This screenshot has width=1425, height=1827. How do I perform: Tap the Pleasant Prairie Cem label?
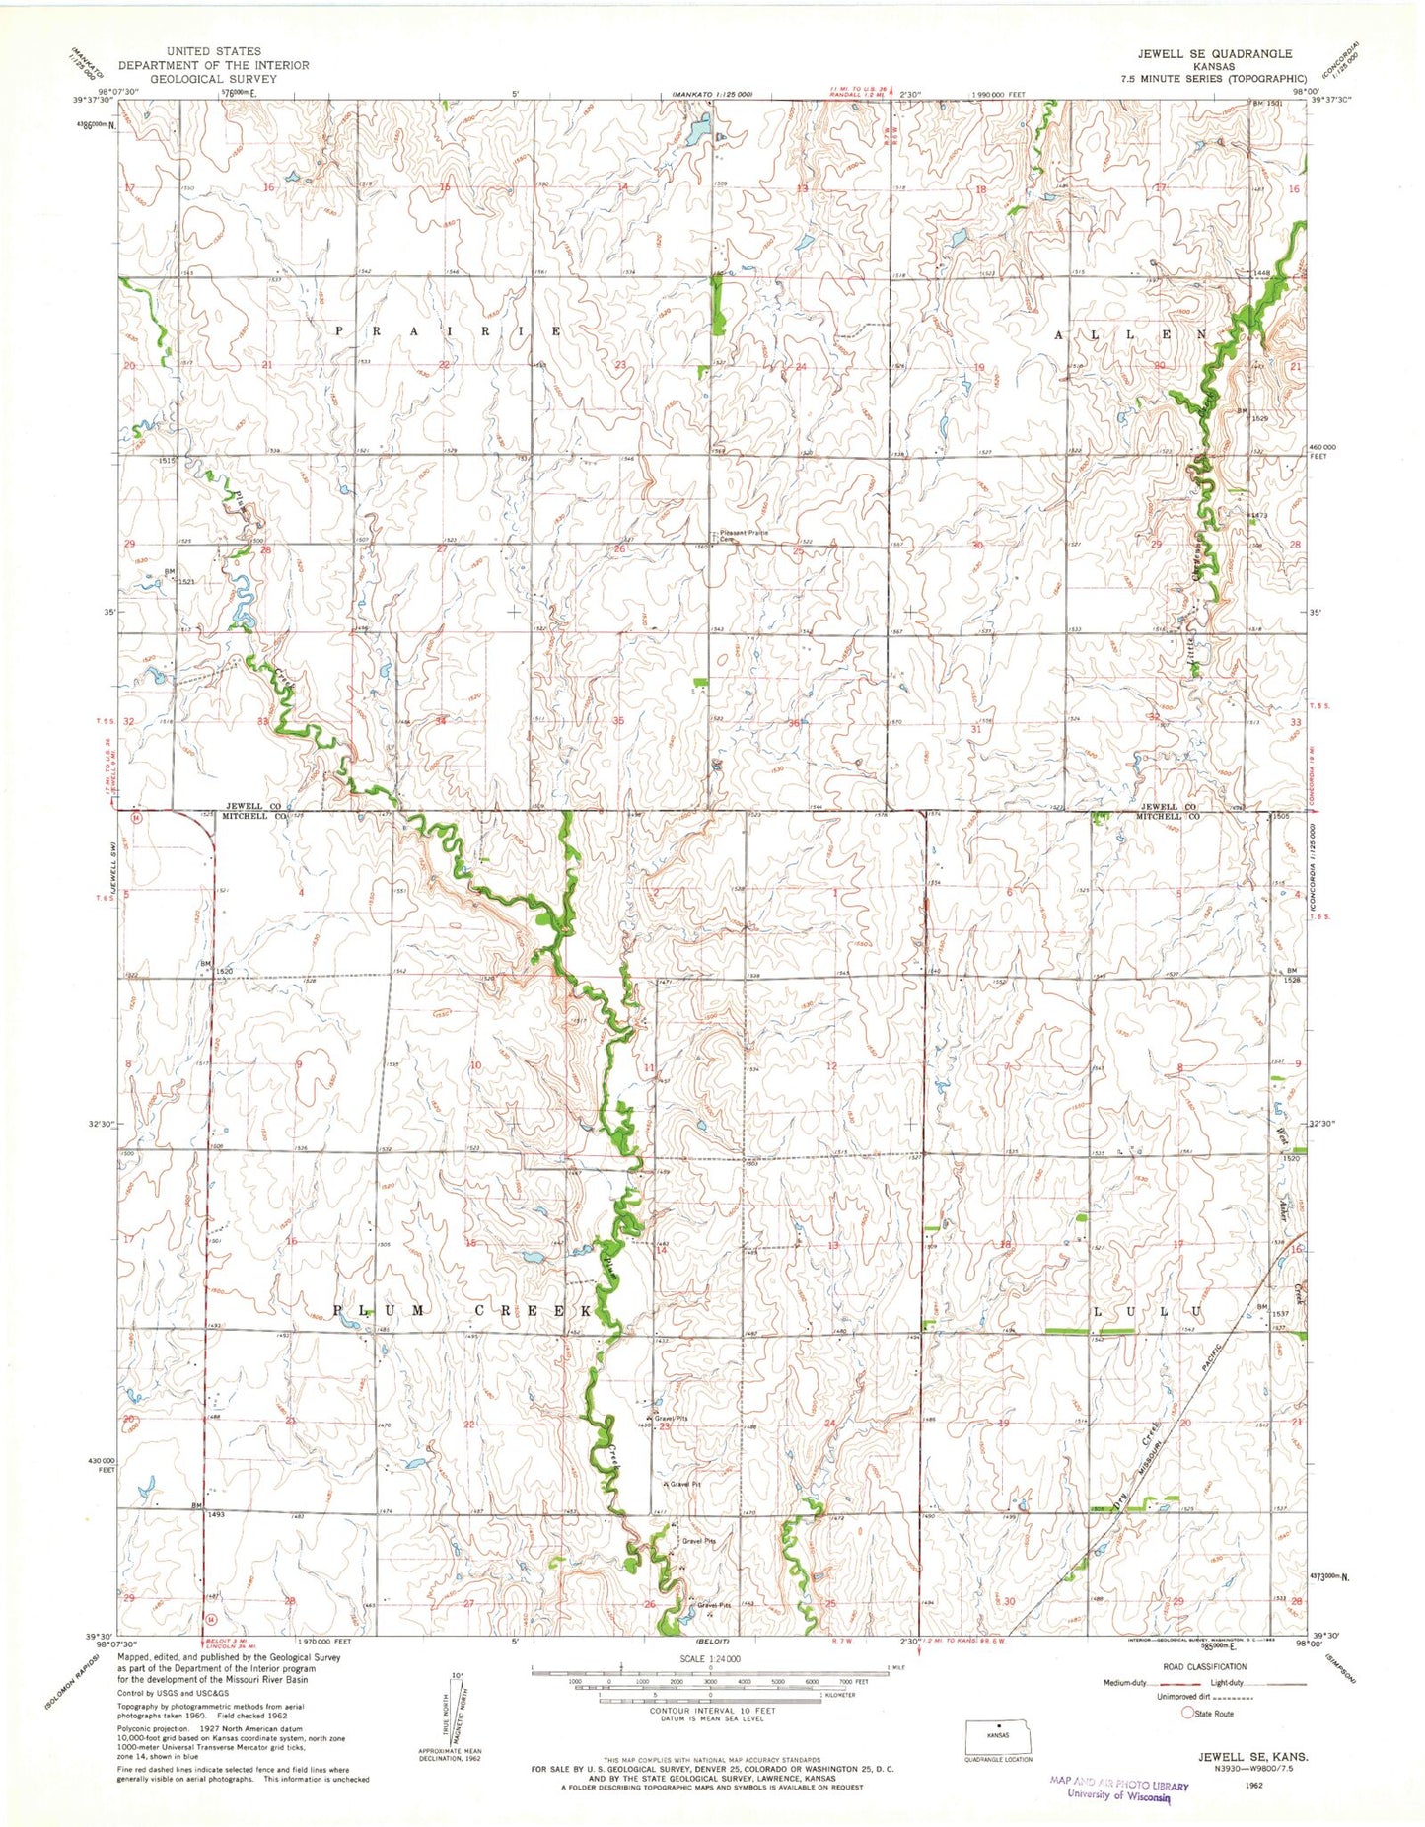point(744,536)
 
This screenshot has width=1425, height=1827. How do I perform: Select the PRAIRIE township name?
point(449,331)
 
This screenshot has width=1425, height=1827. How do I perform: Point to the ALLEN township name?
point(1130,335)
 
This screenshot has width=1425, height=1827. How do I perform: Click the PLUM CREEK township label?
point(463,1311)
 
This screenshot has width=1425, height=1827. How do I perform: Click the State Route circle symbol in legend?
point(1188,1714)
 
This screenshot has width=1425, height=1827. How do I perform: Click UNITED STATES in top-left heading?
point(214,51)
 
